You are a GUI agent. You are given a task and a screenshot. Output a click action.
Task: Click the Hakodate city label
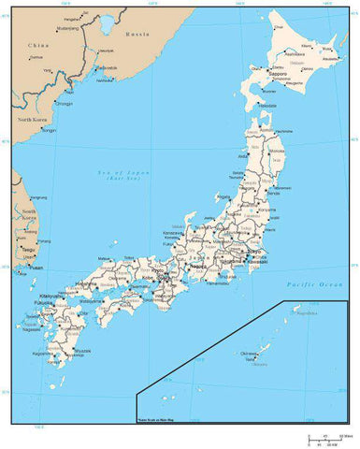(267, 132)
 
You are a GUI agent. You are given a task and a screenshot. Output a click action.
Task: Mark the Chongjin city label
(64, 104)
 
